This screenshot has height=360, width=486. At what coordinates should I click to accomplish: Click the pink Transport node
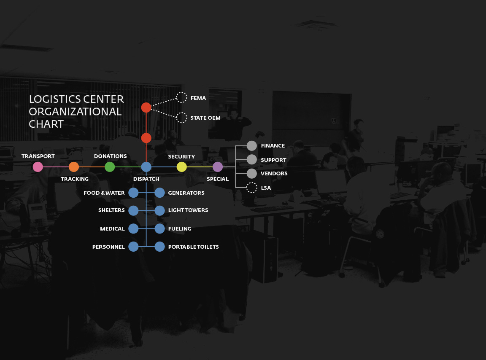(38, 167)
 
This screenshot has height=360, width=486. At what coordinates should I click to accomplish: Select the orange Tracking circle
(74, 167)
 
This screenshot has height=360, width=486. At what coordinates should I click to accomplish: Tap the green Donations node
(110, 167)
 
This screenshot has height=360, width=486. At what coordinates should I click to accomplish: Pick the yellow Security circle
(182, 167)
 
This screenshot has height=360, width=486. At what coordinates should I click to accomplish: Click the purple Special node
(218, 167)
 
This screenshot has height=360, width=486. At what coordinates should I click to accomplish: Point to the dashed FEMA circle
(181, 97)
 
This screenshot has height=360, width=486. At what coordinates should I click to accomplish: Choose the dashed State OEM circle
(181, 118)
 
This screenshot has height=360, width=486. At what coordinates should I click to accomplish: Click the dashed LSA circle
(252, 188)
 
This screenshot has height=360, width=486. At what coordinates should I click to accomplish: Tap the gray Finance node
(252, 146)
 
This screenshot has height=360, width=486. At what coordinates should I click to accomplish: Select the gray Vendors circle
(252, 174)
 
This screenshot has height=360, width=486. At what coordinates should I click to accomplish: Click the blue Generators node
(159, 193)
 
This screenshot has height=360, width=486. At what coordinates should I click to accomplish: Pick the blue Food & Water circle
(133, 193)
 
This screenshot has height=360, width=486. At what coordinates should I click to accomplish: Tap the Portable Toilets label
(193, 247)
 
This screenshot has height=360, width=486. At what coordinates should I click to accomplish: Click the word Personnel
(108, 247)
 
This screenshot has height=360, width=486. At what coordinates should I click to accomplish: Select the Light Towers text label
(188, 210)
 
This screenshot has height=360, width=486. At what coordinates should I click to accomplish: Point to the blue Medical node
(133, 228)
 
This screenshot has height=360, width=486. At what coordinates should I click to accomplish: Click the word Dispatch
(146, 179)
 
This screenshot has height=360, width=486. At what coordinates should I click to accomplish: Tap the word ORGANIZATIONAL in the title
(75, 112)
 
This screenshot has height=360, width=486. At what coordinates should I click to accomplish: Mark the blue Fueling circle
(159, 228)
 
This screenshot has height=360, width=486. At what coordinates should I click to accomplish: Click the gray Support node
(252, 159)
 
